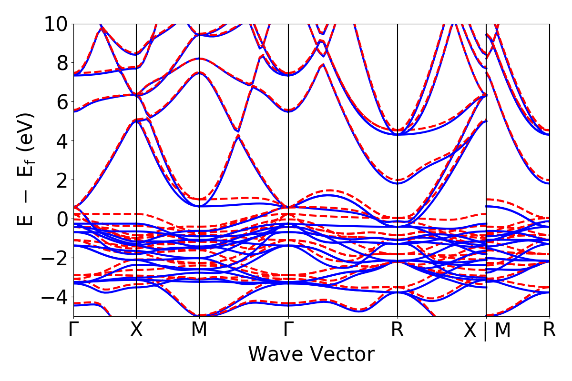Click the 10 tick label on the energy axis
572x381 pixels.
pos(56,24)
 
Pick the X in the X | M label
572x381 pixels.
pos(470,331)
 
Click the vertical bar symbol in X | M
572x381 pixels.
pos(486,331)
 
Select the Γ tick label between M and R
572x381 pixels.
pos(288,330)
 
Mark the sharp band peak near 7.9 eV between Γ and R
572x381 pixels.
pos(323,64)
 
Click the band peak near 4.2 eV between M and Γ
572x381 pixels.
pos(238,136)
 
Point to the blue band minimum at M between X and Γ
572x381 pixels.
pos(199,206)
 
